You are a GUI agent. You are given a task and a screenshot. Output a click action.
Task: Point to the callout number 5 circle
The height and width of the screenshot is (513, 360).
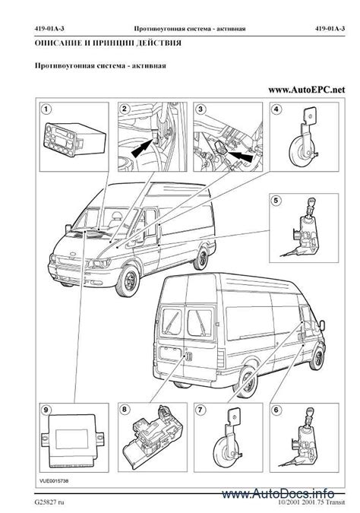pyautogui.click(x=276, y=201)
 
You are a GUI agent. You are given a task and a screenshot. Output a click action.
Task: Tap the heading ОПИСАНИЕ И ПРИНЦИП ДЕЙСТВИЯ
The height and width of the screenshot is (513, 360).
pyautogui.click(x=107, y=44)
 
